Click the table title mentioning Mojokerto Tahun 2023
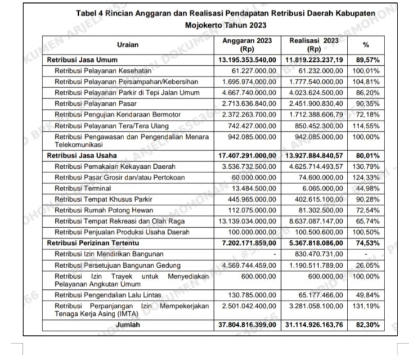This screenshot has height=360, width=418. point(225,20)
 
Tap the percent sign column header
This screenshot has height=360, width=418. point(366,45)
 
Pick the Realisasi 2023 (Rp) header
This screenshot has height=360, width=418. point(314,45)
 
